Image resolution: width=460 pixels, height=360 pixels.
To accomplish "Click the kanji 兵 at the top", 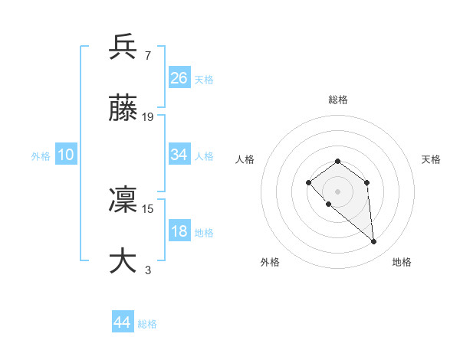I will click(123, 47).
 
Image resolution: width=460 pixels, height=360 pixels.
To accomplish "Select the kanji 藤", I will click(123, 110).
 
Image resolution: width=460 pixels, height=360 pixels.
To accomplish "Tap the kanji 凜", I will click(123, 200).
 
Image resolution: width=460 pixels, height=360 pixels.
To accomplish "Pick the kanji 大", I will click(123, 261).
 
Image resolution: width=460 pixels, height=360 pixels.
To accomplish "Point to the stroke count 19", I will click(148, 117).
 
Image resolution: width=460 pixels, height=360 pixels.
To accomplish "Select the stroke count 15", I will click(148, 208).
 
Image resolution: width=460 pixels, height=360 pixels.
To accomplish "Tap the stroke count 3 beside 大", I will click(147, 270).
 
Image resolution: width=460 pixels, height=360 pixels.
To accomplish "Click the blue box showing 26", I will click(179, 78).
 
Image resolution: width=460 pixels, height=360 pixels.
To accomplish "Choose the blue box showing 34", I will click(179, 155).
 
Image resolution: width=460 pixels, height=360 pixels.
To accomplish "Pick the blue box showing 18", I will click(179, 231).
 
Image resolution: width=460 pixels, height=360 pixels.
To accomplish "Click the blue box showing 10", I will click(66, 155).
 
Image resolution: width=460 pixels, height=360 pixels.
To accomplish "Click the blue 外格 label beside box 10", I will click(41, 155).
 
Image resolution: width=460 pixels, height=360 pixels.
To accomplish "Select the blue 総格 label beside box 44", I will click(147, 324).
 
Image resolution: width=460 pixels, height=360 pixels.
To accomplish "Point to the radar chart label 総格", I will click(338, 100).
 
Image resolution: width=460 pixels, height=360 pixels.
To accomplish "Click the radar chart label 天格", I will click(431, 159).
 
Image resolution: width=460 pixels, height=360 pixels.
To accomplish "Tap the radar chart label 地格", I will click(402, 262).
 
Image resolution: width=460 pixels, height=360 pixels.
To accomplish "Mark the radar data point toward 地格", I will click(373, 242).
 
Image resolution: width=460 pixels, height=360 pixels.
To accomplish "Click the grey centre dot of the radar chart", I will click(337, 191).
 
